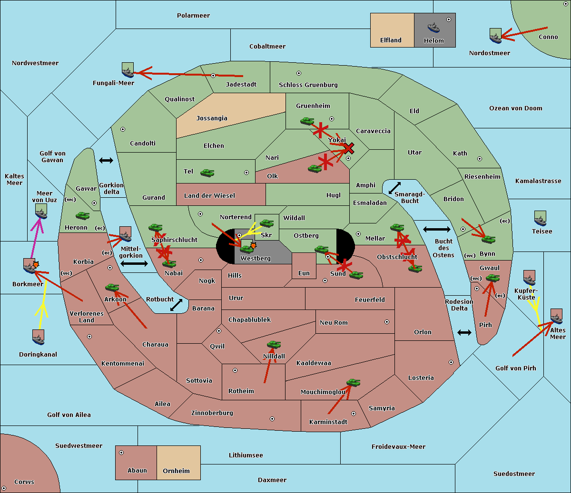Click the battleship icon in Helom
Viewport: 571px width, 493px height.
[x=433, y=28]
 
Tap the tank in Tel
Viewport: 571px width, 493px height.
[x=207, y=173]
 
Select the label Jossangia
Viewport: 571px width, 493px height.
[x=212, y=118]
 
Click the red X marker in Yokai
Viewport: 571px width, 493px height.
[x=349, y=148]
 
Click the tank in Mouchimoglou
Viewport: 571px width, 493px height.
[x=354, y=382]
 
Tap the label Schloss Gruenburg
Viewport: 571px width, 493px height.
[x=308, y=85]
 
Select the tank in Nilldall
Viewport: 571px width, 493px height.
[x=274, y=345]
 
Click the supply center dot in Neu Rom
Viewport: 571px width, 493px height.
[x=387, y=322]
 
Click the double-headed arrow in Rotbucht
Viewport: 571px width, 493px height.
[x=177, y=305]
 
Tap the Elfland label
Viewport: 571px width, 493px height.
[x=391, y=40]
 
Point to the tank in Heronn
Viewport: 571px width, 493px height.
[x=83, y=215]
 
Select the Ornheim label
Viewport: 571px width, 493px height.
[x=176, y=471]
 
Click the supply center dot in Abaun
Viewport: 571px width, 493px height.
[x=121, y=453]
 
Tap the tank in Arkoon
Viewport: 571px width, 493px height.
[x=112, y=287]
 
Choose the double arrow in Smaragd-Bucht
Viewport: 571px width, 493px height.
[x=394, y=188]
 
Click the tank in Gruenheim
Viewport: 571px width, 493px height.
[x=307, y=121]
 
